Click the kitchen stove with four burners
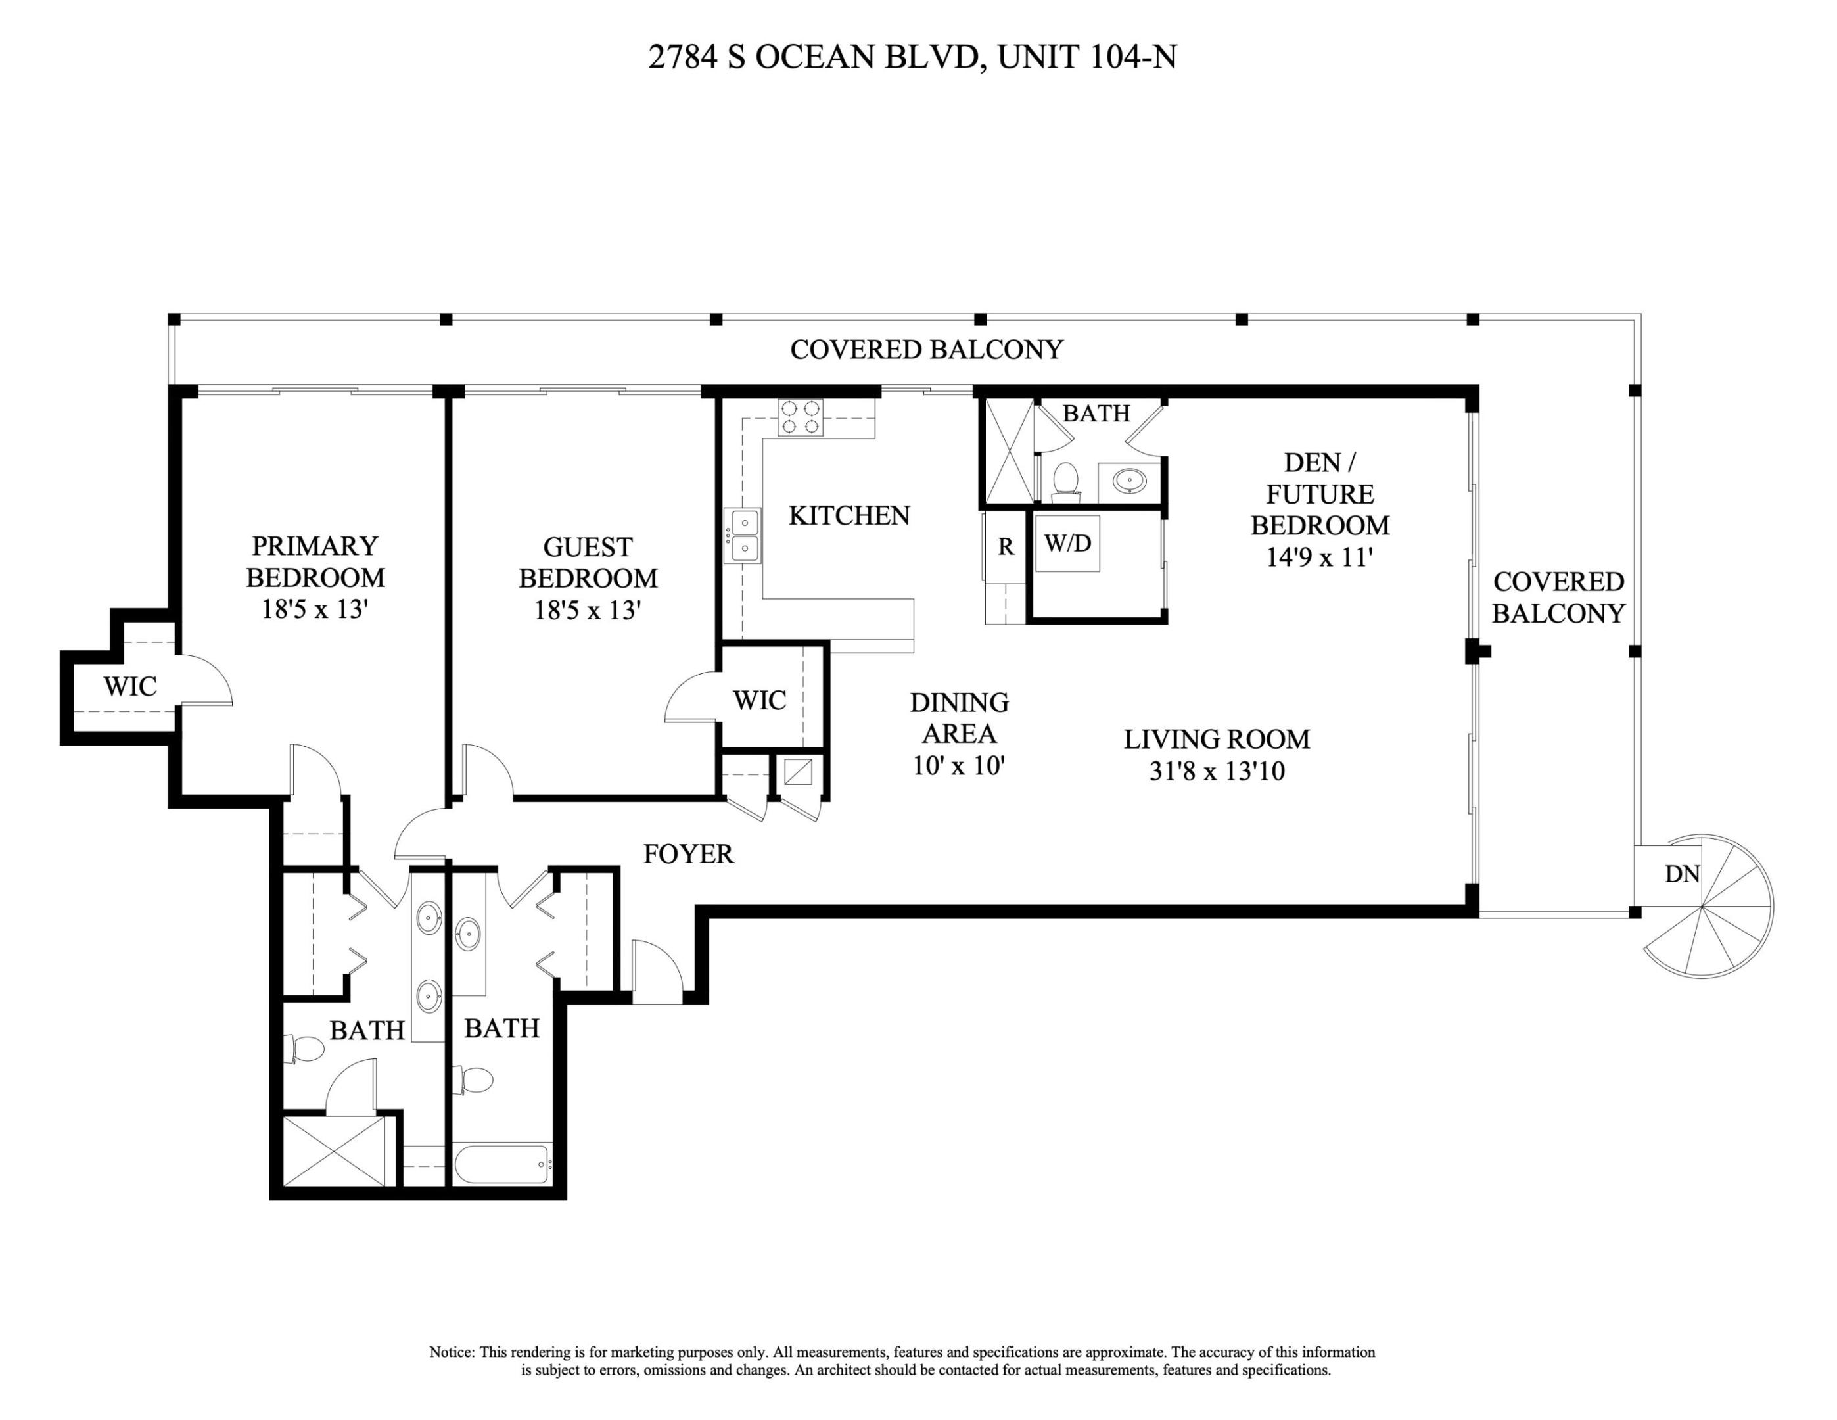(800, 417)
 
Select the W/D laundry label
(1067, 544)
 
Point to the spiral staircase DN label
(1681, 874)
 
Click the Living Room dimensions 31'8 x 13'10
(1217, 771)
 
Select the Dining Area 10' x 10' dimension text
(959, 765)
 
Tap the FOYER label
(688, 854)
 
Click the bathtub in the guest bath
(503, 1164)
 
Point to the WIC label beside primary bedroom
(129, 686)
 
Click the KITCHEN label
(849, 515)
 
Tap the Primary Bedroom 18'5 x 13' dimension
(315, 608)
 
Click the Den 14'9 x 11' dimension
(1320, 557)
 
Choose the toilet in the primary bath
(304, 1049)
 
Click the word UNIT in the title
(1037, 57)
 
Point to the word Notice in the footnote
(452, 1352)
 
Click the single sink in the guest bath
(469, 933)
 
